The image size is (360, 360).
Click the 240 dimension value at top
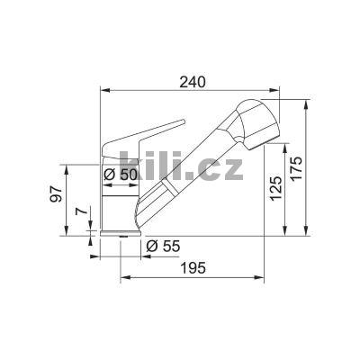[192, 82]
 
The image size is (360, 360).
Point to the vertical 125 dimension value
[276, 186]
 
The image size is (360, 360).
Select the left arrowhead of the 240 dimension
[102, 91]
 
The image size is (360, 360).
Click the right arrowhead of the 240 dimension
[279, 91]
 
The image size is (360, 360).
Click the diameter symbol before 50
[109, 175]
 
